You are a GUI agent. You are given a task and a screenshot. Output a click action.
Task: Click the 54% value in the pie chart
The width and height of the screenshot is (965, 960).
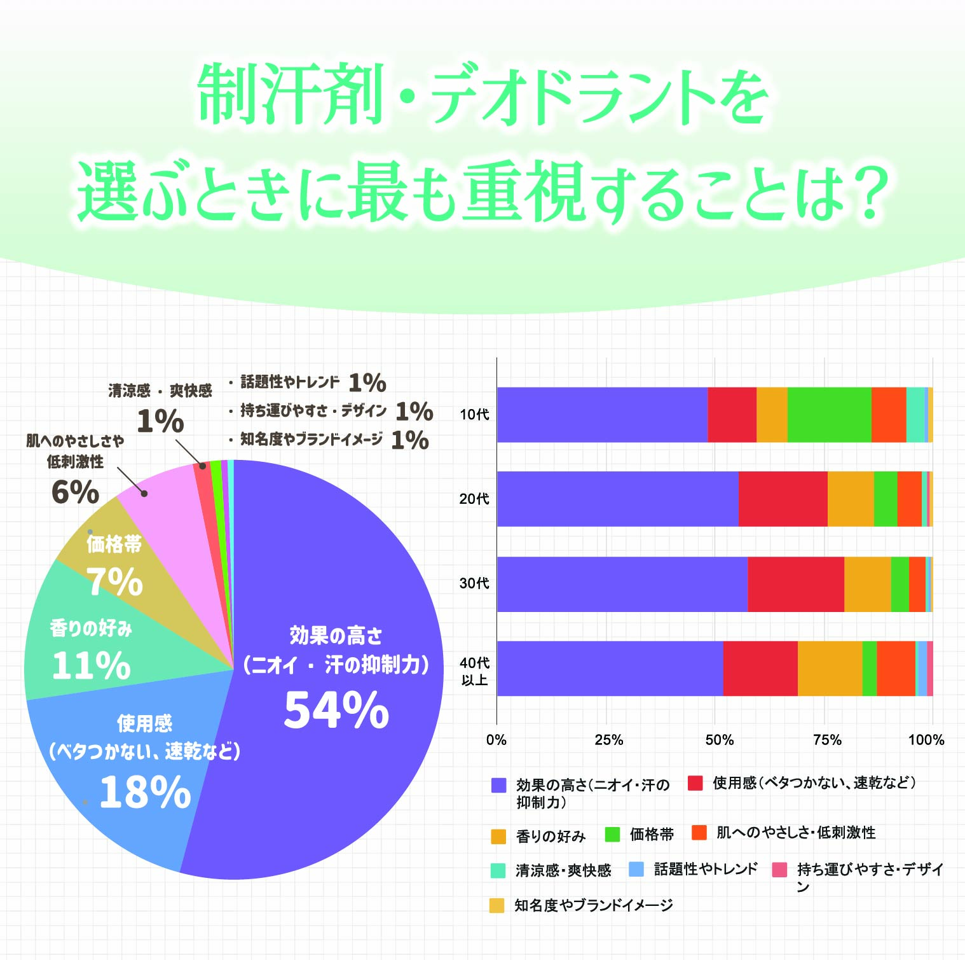336,710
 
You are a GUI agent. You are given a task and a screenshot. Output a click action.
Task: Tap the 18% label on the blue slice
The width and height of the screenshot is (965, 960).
145,793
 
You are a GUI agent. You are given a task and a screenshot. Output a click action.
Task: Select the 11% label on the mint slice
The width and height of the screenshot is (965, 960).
91,665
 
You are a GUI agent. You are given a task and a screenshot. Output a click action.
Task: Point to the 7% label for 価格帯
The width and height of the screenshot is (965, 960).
114,581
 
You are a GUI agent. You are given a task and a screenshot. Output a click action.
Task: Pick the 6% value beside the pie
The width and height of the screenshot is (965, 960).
75,492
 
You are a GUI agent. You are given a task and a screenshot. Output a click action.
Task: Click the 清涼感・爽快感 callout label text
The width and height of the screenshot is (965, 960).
160,391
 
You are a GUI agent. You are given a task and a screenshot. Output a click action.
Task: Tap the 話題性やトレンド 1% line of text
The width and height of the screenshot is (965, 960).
306,382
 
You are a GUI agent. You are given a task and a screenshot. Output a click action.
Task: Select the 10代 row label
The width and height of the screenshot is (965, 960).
474,415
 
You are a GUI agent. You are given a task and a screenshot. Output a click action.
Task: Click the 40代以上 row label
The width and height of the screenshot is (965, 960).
474,671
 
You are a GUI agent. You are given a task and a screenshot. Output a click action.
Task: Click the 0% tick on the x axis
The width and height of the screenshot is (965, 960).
496,740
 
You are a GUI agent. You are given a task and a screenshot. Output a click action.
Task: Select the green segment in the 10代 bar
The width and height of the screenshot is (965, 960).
829,415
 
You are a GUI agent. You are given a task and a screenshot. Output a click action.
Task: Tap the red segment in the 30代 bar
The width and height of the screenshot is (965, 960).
795,584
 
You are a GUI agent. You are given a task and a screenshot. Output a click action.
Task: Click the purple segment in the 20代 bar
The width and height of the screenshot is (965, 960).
617,499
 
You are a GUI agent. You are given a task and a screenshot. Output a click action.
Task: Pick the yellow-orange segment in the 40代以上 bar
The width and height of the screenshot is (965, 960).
830,669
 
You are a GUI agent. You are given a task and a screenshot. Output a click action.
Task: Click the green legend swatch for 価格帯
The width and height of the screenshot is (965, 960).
613,834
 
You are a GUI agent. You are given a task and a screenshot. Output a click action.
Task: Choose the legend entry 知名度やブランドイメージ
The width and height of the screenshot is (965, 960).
593,905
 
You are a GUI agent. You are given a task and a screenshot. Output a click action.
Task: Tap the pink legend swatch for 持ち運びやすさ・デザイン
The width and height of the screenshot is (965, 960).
779,870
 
